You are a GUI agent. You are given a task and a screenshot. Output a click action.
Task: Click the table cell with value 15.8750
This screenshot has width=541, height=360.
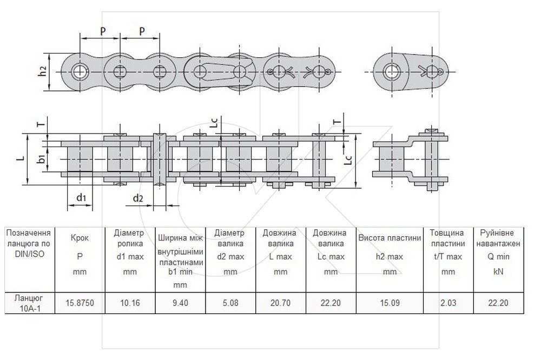pos(80,303)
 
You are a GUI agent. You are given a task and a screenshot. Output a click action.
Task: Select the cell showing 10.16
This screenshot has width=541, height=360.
pos(130,303)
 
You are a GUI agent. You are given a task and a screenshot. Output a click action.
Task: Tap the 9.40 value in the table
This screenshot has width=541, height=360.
pos(180,303)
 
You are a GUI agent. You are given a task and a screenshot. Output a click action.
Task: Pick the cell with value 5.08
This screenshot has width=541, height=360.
pos(230,303)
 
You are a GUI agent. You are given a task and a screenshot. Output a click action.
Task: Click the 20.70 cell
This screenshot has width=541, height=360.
pos(280,303)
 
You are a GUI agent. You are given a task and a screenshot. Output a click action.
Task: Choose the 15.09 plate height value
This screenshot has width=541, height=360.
pos(390,303)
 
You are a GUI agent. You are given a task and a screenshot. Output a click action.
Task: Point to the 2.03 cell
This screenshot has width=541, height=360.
pos(448,303)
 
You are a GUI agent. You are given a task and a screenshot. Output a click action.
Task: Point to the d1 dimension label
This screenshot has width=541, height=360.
pos(81,198)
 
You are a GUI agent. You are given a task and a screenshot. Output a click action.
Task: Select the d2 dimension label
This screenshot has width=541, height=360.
pos(137,198)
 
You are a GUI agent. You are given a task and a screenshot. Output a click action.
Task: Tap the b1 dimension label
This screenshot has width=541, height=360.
pos(42,159)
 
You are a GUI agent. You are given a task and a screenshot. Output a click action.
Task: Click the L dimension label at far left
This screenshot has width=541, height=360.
pos(22,158)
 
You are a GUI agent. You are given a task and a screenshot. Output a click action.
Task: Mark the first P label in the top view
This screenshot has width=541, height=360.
pos(103,31)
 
